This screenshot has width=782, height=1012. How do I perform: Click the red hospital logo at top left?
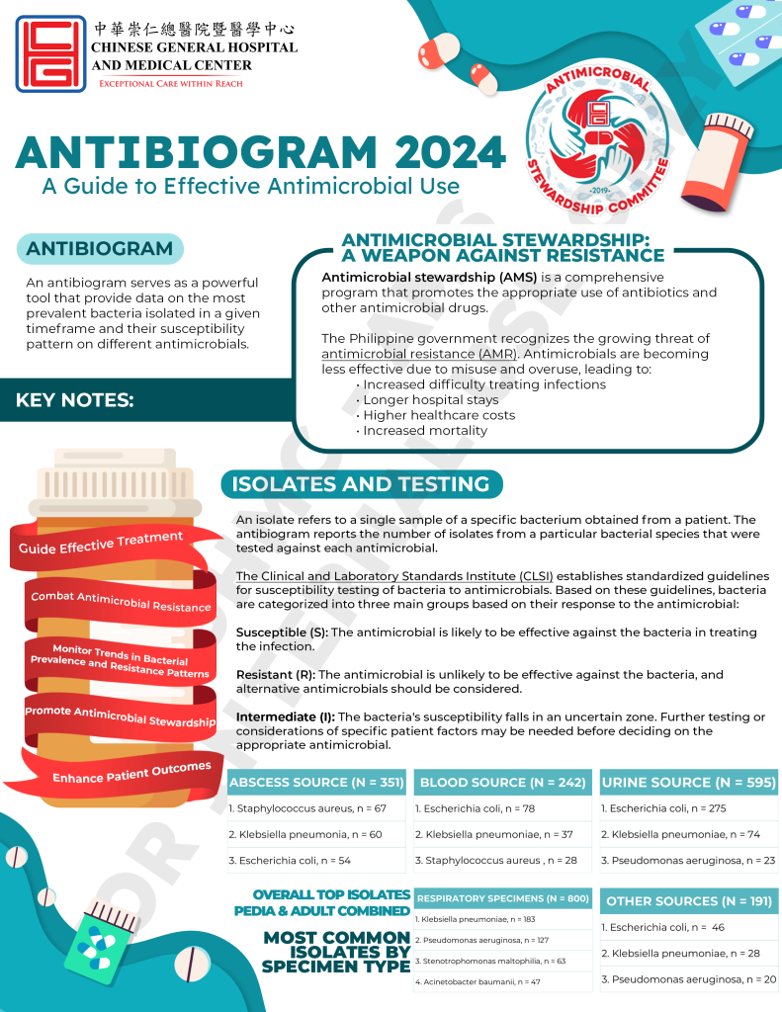(47, 53)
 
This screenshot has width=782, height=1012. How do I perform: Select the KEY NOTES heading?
(75, 400)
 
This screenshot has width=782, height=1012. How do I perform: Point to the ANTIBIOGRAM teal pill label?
(100, 249)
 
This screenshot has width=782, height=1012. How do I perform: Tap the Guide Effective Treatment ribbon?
(101, 542)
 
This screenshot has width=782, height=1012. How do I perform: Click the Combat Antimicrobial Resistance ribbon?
(121, 601)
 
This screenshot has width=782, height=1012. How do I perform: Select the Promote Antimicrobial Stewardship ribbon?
(120, 715)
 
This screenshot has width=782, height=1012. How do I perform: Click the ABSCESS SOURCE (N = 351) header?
(316, 783)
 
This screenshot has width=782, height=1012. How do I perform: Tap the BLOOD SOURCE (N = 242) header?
(502, 783)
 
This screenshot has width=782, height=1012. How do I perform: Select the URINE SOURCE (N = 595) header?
(689, 783)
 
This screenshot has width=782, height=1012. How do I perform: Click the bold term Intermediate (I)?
(286, 716)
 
